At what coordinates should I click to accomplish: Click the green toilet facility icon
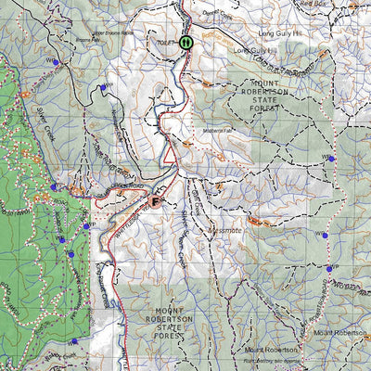186,42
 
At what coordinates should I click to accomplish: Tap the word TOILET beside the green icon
166,42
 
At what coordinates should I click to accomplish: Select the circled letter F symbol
156,198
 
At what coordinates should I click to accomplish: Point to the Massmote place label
225,228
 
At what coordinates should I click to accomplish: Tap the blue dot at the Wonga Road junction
328,269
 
